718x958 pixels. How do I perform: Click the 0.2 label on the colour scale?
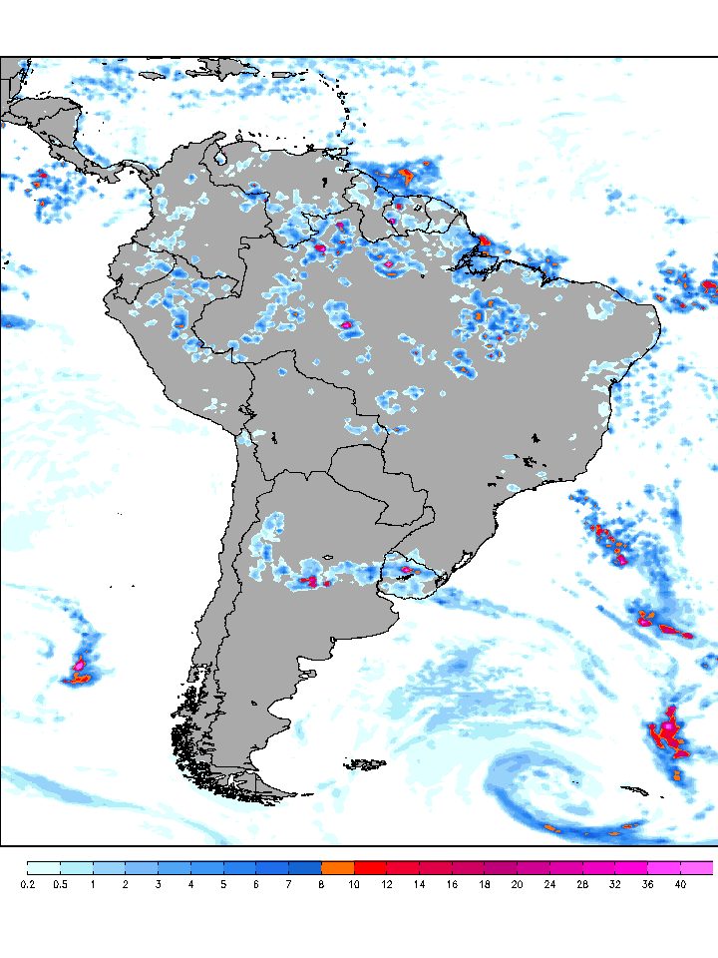27,884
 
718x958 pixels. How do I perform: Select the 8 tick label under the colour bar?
321,884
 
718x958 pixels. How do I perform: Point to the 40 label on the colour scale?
680,884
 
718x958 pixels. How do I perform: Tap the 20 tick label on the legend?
517,884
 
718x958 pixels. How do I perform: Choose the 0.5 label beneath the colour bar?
60,884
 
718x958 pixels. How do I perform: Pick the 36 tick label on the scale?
647,884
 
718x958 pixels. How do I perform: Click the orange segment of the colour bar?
337,867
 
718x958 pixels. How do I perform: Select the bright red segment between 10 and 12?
370,867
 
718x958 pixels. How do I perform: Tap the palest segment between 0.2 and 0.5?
43,867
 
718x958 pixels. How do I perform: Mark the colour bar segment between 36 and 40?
663,867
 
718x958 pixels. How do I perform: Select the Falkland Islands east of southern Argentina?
366,765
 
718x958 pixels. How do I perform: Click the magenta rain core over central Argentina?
310,581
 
